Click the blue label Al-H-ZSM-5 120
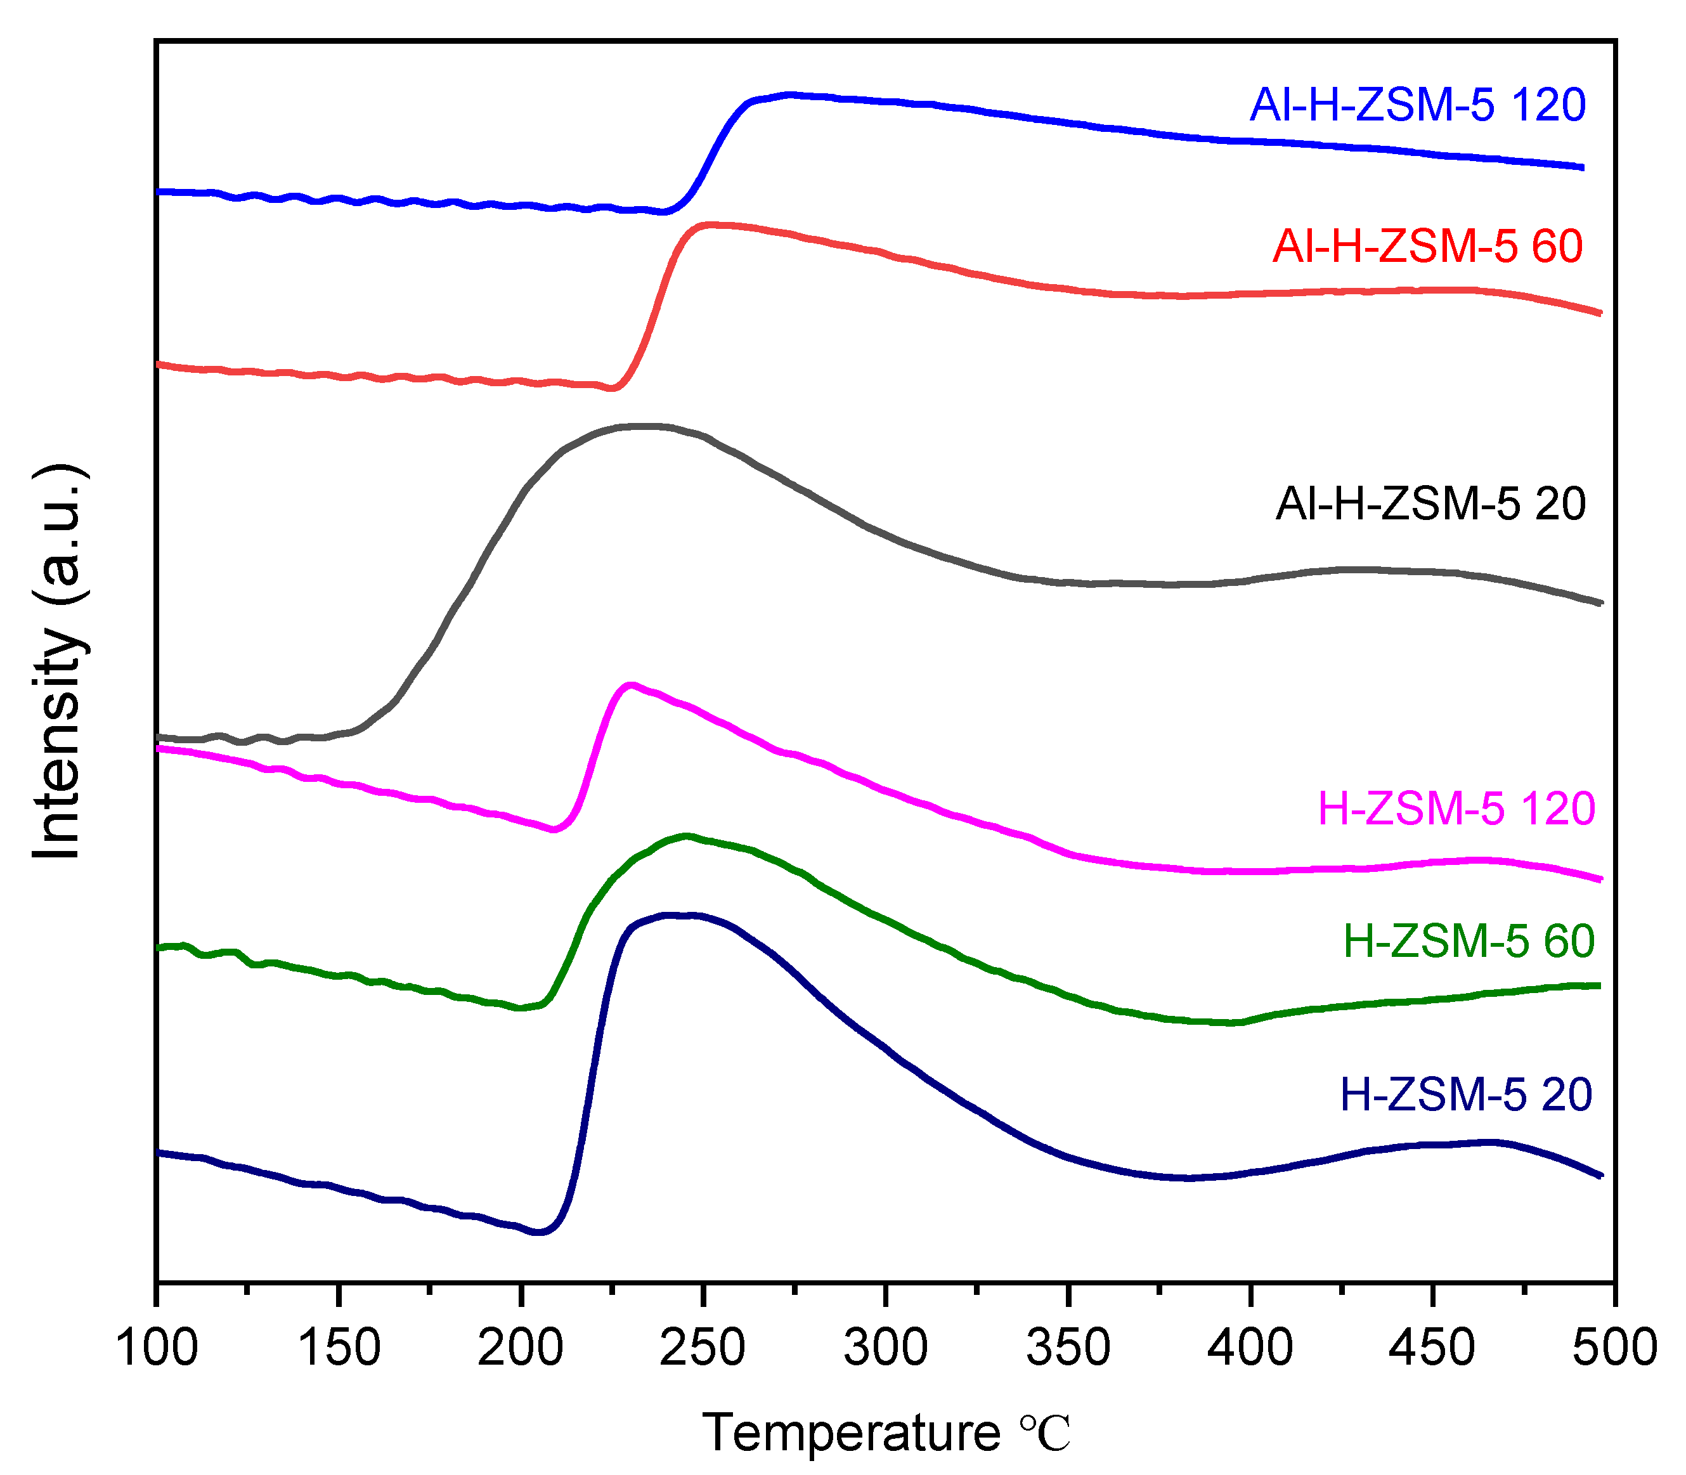click(x=1417, y=106)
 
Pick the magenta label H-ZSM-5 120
click(x=1456, y=809)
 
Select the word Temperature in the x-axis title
click(x=851, y=1433)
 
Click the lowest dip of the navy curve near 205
click(x=540, y=1232)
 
